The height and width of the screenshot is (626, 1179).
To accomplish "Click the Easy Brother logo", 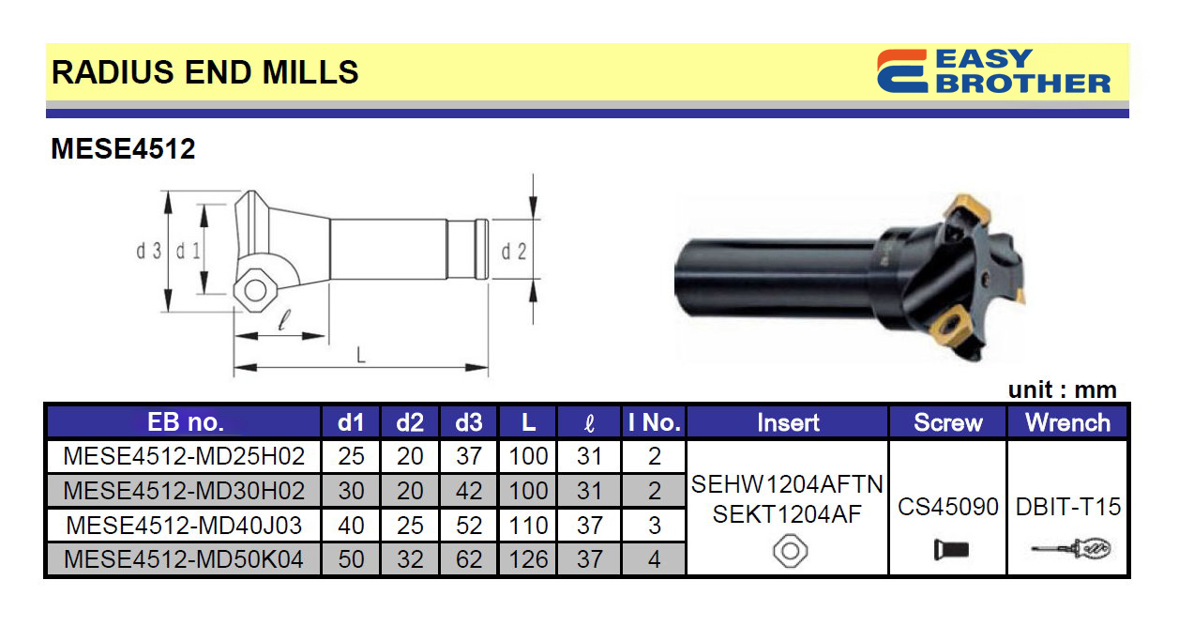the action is pyautogui.click(x=993, y=71).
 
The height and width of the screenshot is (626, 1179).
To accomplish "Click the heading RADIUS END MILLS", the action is pyautogui.click(x=204, y=72).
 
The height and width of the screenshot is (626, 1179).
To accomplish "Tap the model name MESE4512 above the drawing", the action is pyautogui.click(x=123, y=148).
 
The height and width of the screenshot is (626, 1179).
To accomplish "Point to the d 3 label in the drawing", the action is pyautogui.click(x=148, y=252).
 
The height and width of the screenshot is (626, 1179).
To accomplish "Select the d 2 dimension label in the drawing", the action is pyautogui.click(x=514, y=252).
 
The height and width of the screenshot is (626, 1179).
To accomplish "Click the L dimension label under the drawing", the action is pyautogui.click(x=360, y=356).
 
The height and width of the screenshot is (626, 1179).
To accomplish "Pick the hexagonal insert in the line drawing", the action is pyautogui.click(x=255, y=291).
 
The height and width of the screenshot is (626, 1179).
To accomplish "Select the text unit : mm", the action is pyautogui.click(x=1062, y=390).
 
